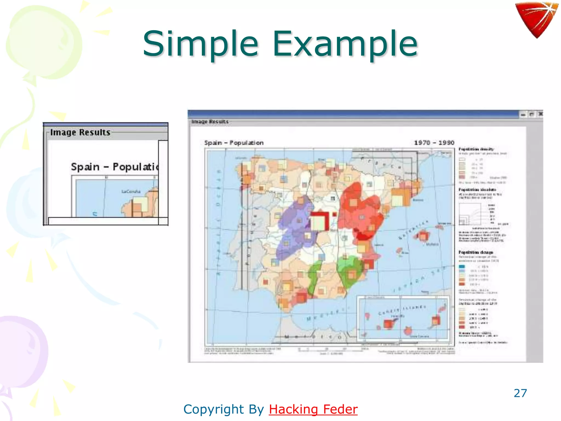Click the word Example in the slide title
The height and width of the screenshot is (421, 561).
[345, 44]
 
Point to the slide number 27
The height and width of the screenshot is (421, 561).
[520, 393]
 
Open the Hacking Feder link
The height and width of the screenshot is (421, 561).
[313, 409]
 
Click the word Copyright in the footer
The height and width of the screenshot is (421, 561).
[214, 409]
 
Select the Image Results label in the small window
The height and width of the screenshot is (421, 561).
[80, 132]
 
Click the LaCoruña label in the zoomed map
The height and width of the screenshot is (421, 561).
[131, 191]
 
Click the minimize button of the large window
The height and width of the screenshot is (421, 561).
[523, 115]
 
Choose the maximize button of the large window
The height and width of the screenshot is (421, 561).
[532, 115]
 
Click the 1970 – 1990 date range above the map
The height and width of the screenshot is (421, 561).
[434, 143]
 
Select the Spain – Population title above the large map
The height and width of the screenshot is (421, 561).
[234, 143]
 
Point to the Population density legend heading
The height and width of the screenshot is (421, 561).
[476, 149]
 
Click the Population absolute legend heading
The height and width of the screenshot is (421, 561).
[477, 190]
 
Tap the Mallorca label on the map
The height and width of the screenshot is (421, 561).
[432, 244]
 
